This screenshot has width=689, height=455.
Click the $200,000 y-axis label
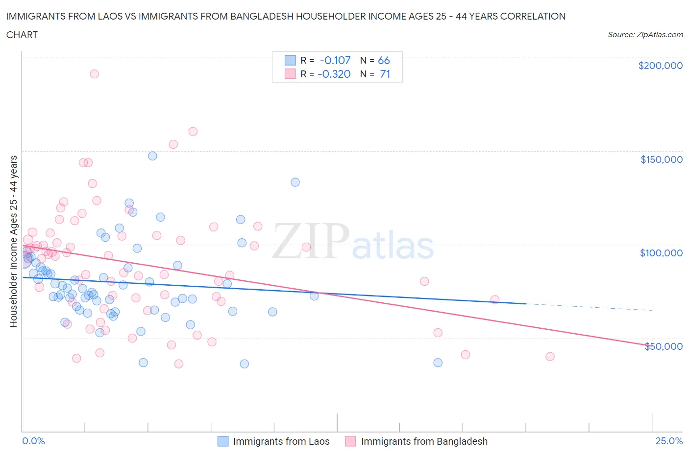[x=660, y=66]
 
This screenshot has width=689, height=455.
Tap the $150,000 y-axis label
[x=661, y=159]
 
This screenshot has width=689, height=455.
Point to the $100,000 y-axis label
[x=661, y=253]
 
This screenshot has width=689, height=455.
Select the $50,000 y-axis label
[x=663, y=346]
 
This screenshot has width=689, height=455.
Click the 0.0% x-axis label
[x=33, y=441]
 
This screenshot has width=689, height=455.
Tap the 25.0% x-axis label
[x=669, y=441]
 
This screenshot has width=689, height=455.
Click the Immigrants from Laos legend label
[x=281, y=441]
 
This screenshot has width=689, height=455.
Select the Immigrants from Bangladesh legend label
[x=424, y=441]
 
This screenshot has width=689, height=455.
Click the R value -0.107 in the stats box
[x=335, y=60]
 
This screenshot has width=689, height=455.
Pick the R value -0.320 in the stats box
[x=334, y=74]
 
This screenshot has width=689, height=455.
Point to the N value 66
[x=384, y=60]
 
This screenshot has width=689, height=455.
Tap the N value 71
[x=385, y=74]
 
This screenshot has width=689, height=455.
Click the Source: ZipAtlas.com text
[x=645, y=34]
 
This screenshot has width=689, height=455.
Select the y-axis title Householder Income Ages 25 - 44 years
[x=13, y=241]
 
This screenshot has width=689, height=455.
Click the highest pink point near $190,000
[x=94, y=74]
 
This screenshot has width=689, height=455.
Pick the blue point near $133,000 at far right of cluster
[x=295, y=182]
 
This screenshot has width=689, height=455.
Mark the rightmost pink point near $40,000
[x=550, y=357]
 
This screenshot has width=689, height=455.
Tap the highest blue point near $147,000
[x=152, y=156]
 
